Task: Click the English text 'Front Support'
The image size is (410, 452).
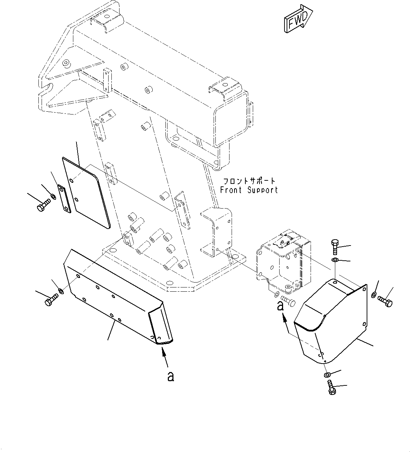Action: pyautogui.click(x=249, y=190)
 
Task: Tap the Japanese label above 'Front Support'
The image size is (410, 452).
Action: pyautogui.click(x=249, y=181)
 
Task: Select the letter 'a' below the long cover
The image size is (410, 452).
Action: pyautogui.click(x=170, y=377)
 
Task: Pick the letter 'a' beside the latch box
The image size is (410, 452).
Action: pyautogui.click(x=280, y=306)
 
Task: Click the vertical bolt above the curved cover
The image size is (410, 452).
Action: pyautogui.click(x=335, y=247)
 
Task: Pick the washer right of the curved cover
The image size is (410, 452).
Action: pyautogui.click(x=374, y=295)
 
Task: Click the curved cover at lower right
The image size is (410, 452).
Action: pyautogui.click(x=331, y=321)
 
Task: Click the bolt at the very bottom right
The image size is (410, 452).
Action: pyautogui.click(x=331, y=390)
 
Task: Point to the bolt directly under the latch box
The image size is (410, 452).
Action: pyautogui.click(x=288, y=300)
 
